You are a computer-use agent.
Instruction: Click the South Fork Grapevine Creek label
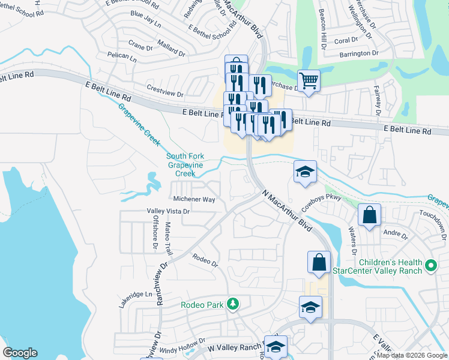[x=185, y=165]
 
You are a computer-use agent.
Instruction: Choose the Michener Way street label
[x=193, y=199]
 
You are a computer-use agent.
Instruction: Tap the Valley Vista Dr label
[x=169, y=211]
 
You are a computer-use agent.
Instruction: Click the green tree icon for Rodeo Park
[x=232, y=305]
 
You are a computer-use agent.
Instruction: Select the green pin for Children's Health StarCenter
[x=430, y=265]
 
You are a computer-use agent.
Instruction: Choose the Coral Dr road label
[x=345, y=40]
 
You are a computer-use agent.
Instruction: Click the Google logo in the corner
[x=20, y=353]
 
